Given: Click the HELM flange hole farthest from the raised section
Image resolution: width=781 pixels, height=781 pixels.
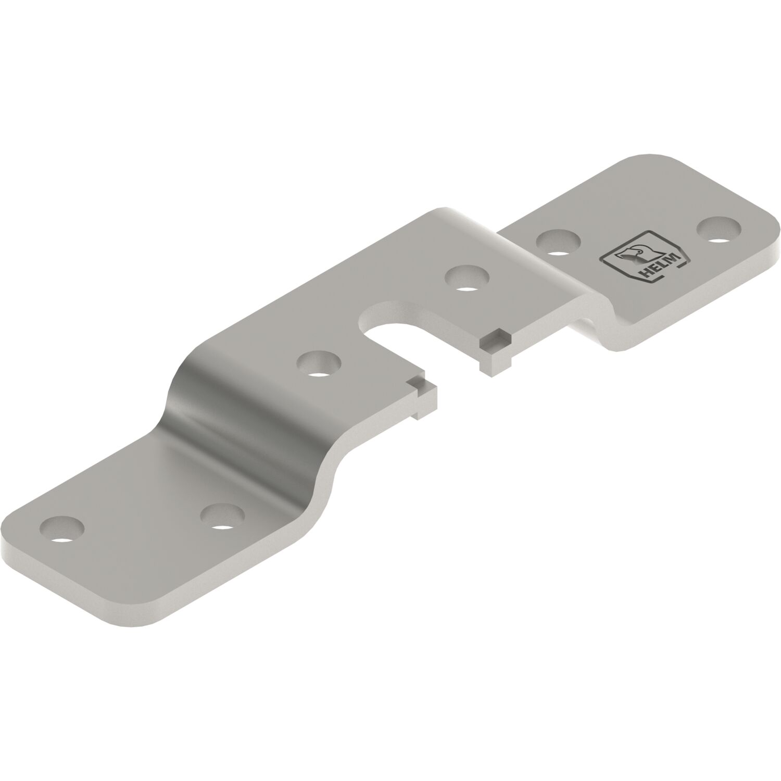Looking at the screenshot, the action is pos(720,229).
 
